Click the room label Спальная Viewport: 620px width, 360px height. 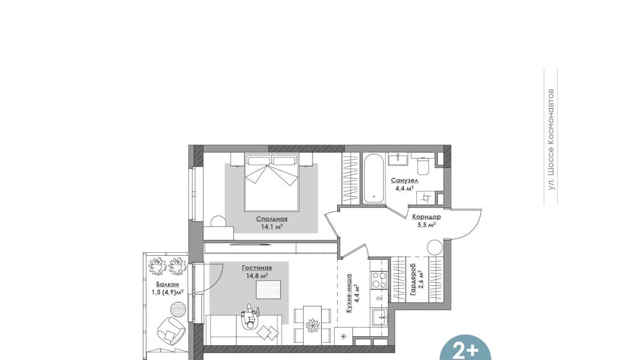pyautogui.click(x=272, y=219)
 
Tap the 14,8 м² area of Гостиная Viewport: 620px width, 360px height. pyautogui.click(x=257, y=276)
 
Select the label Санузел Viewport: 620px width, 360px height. pyautogui.click(x=404, y=181)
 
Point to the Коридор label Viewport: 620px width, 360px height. pyautogui.click(x=427, y=217)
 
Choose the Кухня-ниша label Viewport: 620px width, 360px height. pyautogui.click(x=349, y=293)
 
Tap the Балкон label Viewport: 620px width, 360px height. pyautogui.click(x=168, y=284)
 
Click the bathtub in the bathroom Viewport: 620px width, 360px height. pyautogui.click(x=373, y=178)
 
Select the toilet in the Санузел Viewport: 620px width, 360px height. pyautogui.click(x=422, y=166)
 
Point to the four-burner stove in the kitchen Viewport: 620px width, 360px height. pyautogui.click(x=379, y=280)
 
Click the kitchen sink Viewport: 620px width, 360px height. pyautogui.click(x=380, y=317)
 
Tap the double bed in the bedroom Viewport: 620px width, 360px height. pyautogui.click(x=272, y=182)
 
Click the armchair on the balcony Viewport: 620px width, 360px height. pyautogui.click(x=171, y=331)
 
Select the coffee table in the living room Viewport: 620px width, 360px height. pyautogui.click(x=268, y=289)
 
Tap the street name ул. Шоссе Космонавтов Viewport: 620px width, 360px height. pyautogui.click(x=551, y=139)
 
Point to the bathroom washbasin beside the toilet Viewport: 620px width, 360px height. pyautogui.click(x=398, y=160)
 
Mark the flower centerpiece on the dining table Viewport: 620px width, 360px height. pyautogui.click(x=312, y=325)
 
